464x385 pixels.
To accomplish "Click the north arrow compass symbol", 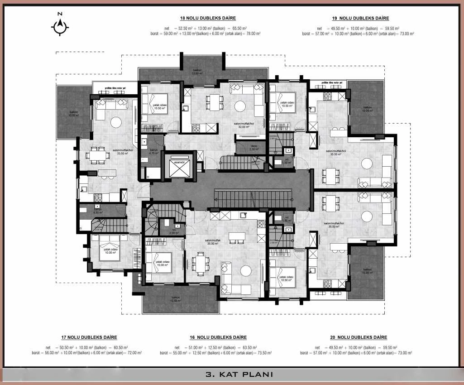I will [60, 27].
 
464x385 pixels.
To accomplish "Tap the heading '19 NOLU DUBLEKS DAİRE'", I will [360, 19].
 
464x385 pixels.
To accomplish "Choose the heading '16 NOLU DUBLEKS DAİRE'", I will [219, 337].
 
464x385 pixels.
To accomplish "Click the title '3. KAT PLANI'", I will [232, 375].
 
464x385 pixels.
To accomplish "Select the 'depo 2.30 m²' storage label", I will [241, 147].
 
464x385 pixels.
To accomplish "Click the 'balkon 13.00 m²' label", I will [197, 72].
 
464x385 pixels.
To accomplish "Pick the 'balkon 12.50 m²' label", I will [175, 299].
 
